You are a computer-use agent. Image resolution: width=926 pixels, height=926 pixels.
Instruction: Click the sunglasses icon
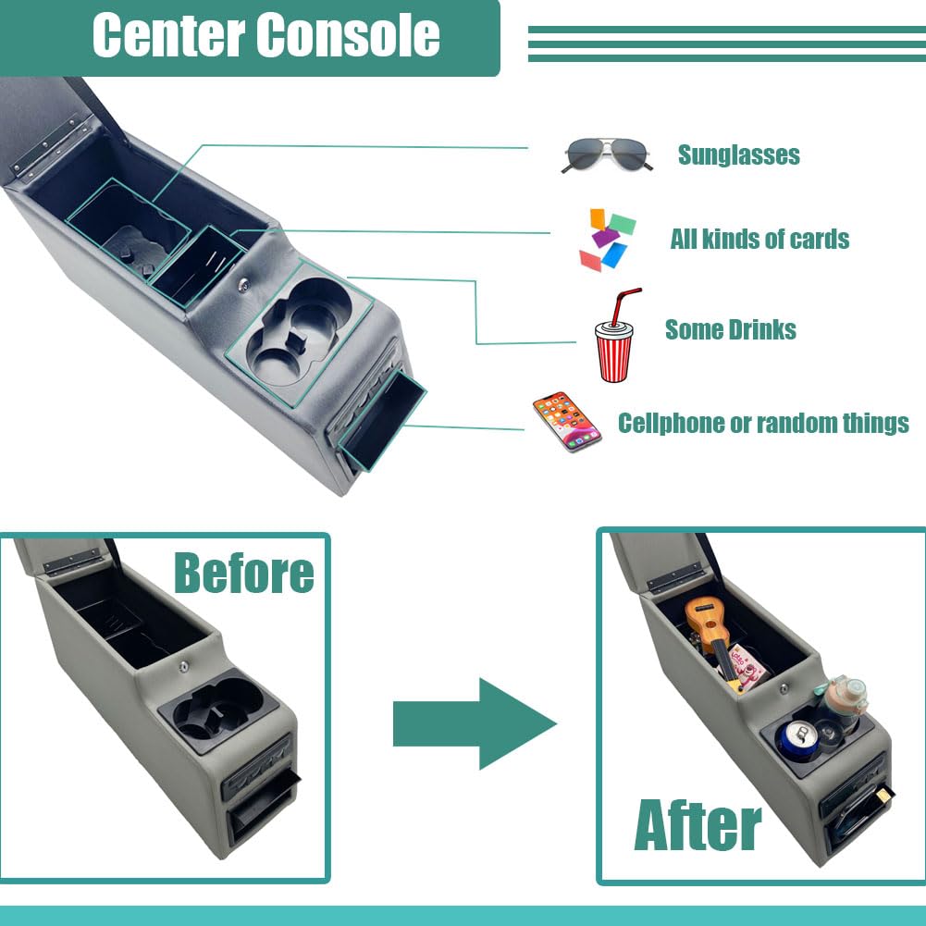[x=606, y=154]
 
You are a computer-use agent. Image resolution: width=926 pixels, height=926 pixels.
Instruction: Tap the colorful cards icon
[x=607, y=240]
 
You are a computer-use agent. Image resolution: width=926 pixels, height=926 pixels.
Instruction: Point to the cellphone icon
[x=566, y=422]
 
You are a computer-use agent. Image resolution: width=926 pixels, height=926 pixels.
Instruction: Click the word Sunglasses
[x=738, y=154]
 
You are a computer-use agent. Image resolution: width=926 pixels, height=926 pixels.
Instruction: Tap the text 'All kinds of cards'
[x=759, y=239]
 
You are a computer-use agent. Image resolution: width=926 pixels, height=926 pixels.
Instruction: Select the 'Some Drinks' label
[x=730, y=329]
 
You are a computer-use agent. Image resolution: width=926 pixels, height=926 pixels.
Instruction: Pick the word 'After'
[x=698, y=825]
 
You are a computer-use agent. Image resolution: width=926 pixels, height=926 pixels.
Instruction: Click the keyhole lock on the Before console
[x=184, y=664]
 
